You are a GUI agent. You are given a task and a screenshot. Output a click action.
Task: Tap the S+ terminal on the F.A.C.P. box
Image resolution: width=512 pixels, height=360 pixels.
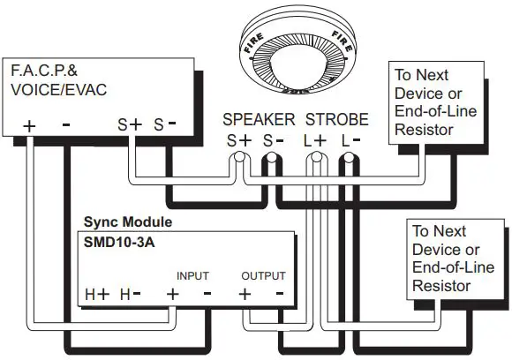130,125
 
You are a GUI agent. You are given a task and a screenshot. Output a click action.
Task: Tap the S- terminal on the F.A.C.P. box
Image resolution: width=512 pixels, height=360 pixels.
166,125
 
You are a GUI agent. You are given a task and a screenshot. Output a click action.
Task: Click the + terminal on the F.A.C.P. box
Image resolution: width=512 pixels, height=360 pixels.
31,126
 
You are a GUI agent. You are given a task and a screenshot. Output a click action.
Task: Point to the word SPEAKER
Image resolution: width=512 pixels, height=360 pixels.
259,119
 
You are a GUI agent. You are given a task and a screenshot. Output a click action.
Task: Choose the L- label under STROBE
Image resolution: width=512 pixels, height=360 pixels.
350,139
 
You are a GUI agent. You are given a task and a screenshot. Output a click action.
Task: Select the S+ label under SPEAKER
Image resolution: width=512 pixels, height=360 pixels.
237,139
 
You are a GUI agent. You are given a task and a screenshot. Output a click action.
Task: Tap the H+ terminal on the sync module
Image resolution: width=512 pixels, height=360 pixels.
97,295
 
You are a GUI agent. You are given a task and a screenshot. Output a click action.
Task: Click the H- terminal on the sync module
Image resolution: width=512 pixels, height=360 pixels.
132,295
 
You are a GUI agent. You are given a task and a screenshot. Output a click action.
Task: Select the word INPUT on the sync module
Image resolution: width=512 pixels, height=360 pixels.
192,276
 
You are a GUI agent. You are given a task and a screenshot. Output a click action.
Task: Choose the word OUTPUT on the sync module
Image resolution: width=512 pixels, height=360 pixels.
262,276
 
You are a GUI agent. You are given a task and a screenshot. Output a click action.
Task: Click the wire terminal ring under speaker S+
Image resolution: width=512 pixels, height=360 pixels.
238,161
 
